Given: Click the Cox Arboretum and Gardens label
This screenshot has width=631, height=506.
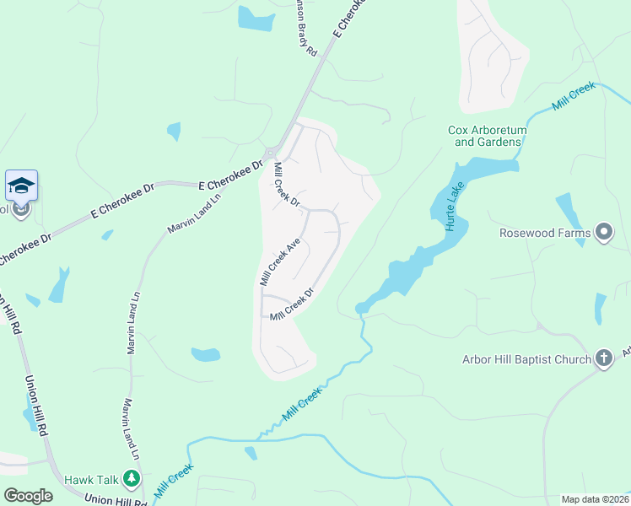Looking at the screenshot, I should click(487, 136).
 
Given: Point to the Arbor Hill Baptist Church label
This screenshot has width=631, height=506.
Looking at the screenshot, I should click(526, 360).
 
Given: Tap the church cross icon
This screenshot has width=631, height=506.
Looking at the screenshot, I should click(603, 358).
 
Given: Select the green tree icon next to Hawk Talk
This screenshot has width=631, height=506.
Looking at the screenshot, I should click(130, 479).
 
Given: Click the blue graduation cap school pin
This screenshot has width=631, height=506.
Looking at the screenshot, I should click(20, 186).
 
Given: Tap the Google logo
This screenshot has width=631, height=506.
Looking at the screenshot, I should click(28, 496).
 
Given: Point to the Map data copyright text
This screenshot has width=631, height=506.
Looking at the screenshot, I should click(595, 499).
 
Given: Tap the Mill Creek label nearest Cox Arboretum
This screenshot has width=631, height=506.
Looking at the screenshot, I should click(574, 96).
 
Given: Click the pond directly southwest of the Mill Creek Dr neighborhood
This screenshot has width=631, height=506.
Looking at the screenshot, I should click(206, 354).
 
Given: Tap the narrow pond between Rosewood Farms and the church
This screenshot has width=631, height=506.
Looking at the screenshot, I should click(600, 308).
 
